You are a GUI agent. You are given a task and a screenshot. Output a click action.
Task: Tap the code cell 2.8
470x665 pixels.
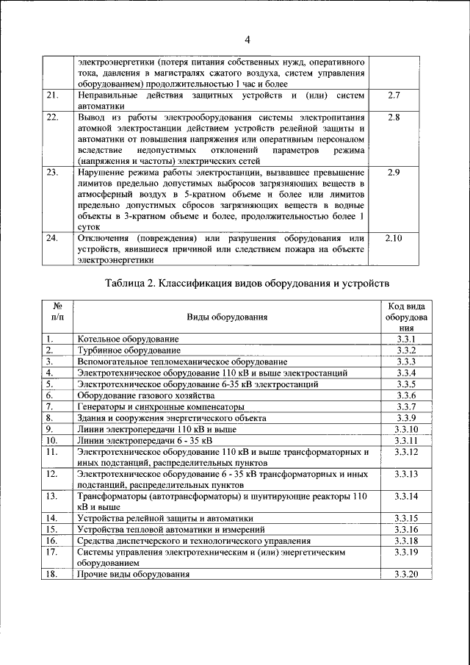coord(393,117)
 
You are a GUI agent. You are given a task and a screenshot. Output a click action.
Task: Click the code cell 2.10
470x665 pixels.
coord(393,239)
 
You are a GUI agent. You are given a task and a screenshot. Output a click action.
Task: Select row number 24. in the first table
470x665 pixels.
coord(52,239)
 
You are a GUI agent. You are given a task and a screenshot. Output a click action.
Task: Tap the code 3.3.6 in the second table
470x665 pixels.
coord(405,395)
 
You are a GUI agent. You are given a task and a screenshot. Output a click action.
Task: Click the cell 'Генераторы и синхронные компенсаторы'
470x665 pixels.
coord(159,406)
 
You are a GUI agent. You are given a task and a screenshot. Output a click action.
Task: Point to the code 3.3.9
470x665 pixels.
coord(405,417)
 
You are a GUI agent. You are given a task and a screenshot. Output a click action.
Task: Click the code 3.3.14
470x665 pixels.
coord(405,497)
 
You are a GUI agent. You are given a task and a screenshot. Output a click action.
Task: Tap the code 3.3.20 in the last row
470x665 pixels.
coord(405,574)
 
